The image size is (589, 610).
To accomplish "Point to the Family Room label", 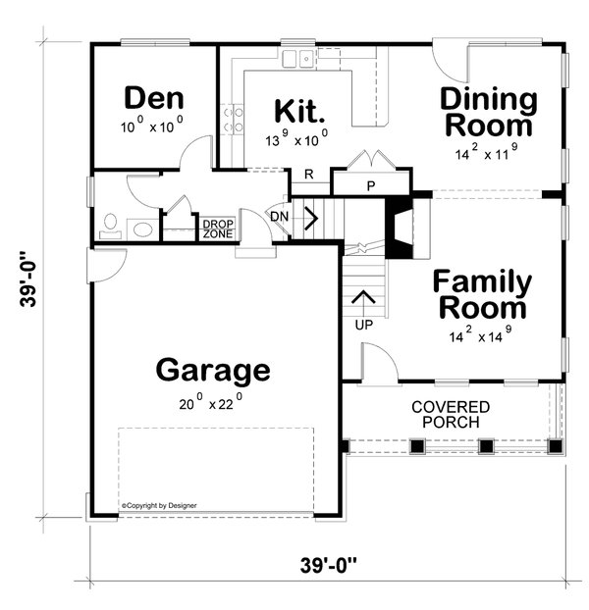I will click(x=483, y=295).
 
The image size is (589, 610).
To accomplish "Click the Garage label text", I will click(x=212, y=371).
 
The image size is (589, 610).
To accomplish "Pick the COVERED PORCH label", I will click(x=451, y=414).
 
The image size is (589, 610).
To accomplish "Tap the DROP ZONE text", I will click(x=217, y=229).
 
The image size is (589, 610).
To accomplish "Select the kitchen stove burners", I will click(x=235, y=121).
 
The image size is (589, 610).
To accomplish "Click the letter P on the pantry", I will click(x=372, y=185).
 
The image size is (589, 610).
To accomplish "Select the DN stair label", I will click(x=280, y=216).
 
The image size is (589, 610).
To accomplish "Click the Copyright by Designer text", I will click(x=159, y=505).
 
